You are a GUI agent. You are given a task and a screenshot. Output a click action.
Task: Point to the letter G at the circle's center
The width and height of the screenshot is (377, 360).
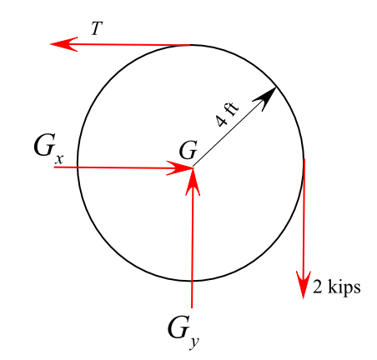pos(188,151)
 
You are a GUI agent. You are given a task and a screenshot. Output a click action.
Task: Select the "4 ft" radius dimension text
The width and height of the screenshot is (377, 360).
pos(226,112)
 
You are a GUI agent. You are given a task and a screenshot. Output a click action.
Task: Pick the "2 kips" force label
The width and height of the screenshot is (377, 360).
pos(336,288)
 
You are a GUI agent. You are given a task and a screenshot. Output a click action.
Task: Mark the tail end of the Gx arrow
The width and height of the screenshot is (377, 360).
pos(56,167)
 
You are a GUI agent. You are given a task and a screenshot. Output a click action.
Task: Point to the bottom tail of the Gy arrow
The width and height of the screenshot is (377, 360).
pos(193,305)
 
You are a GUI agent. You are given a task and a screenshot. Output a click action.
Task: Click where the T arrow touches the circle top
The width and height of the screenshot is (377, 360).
pos(191,45)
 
